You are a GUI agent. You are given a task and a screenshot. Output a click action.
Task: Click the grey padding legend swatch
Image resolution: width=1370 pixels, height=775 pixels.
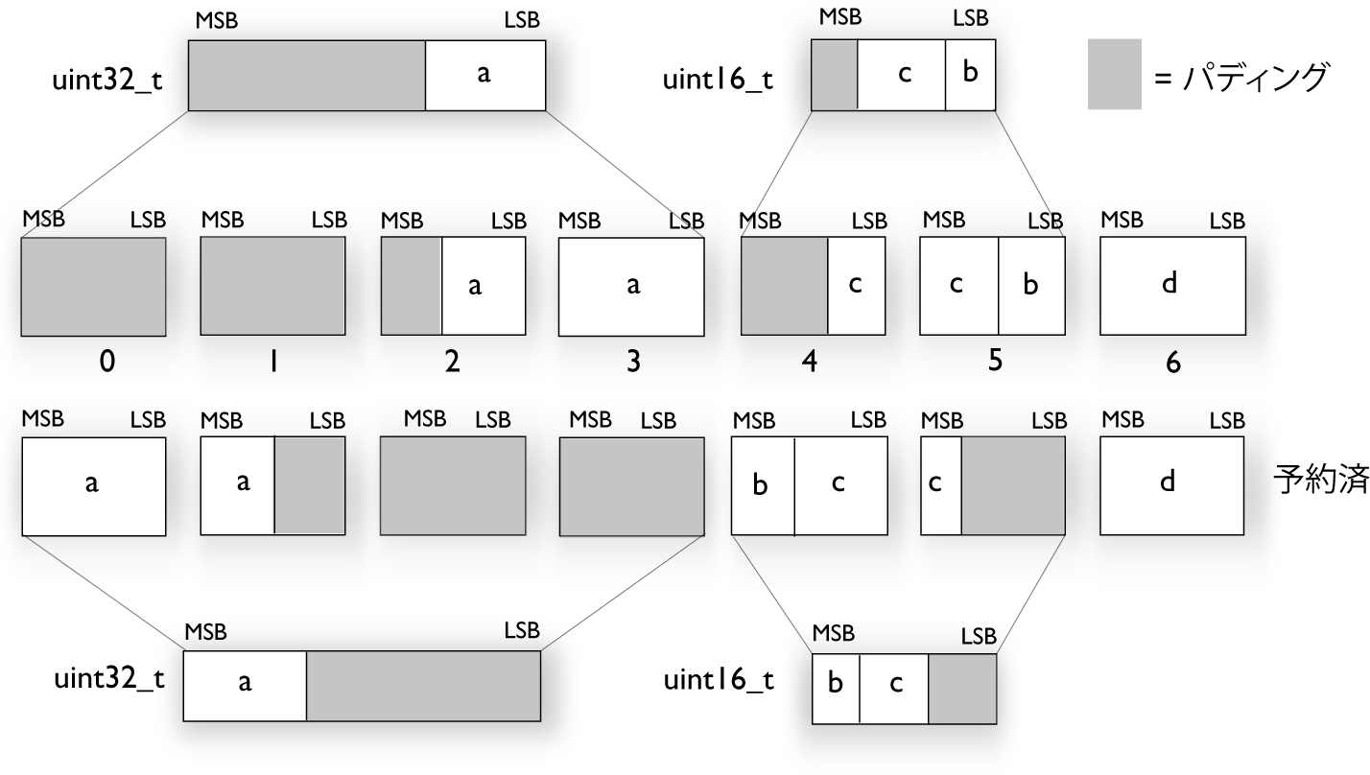[x=1114, y=74]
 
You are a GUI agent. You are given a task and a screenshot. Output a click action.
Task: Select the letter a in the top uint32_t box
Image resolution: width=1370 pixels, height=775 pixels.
[x=484, y=74]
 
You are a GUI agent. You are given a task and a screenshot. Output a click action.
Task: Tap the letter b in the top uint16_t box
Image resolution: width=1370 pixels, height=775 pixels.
[x=970, y=73]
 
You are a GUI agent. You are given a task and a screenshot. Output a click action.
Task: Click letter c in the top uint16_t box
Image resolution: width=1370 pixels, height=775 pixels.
[x=903, y=74]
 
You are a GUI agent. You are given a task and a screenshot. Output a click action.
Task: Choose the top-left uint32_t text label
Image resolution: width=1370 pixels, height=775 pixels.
[x=106, y=78]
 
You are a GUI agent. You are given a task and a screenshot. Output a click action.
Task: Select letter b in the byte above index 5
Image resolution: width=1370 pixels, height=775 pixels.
[x=1030, y=285]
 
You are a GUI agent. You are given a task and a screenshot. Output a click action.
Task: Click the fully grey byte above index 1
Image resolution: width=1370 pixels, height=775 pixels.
[x=272, y=286]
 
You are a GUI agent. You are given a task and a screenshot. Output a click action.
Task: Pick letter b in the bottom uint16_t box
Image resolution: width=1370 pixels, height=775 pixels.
[x=836, y=683]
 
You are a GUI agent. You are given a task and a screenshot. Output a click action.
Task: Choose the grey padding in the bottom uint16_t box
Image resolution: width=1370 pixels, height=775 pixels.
[x=962, y=689]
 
